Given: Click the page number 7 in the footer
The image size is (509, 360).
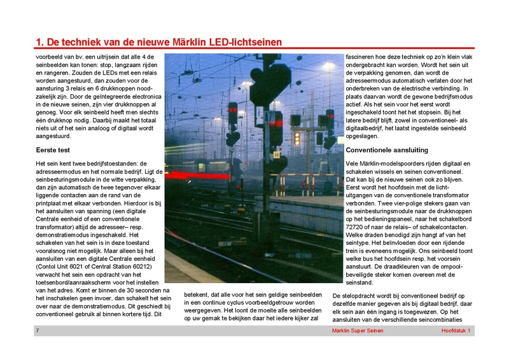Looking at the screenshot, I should (x=38, y=331).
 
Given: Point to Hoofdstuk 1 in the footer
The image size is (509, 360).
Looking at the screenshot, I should (x=456, y=331).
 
